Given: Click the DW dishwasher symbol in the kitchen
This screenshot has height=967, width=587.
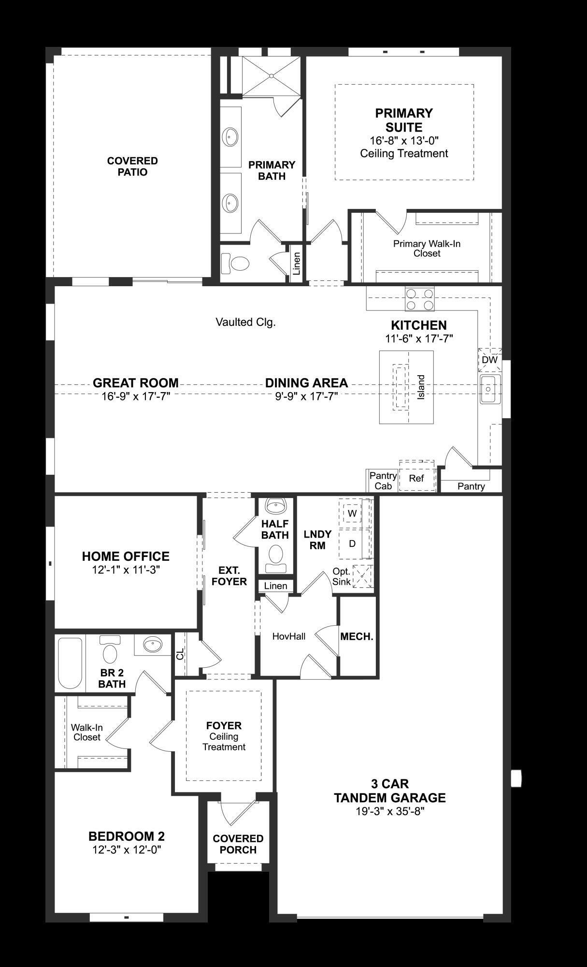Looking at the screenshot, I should click(x=489, y=360).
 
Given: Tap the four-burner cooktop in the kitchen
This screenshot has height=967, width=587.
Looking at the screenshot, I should click(x=419, y=299).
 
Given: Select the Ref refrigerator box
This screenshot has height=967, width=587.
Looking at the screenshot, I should click(x=416, y=478).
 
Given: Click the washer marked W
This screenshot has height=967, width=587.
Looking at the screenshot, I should click(x=352, y=513).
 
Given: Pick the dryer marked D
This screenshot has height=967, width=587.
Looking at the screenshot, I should click(x=352, y=543).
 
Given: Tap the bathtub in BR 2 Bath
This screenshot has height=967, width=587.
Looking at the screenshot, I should click(x=70, y=663).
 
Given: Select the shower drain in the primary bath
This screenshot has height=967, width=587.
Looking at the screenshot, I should click(x=272, y=76).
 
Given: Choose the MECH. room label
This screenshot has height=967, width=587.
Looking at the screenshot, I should click(x=357, y=636).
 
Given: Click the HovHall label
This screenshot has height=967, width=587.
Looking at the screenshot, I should click(x=289, y=636).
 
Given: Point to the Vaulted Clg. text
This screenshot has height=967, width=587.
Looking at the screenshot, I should click(x=245, y=322).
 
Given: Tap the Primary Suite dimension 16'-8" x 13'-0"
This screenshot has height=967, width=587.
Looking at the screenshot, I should click(x=404, y=141).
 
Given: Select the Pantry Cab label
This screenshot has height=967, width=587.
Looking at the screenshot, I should click(x=383, y=481).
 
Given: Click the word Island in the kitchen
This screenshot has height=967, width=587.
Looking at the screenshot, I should click(x=421, y=387).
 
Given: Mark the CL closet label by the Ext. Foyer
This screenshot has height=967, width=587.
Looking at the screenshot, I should click(x=180, y=655).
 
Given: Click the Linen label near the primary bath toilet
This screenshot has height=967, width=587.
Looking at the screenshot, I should click(x=296, y=264).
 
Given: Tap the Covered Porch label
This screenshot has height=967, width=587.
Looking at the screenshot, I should click(x=238, y=844).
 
